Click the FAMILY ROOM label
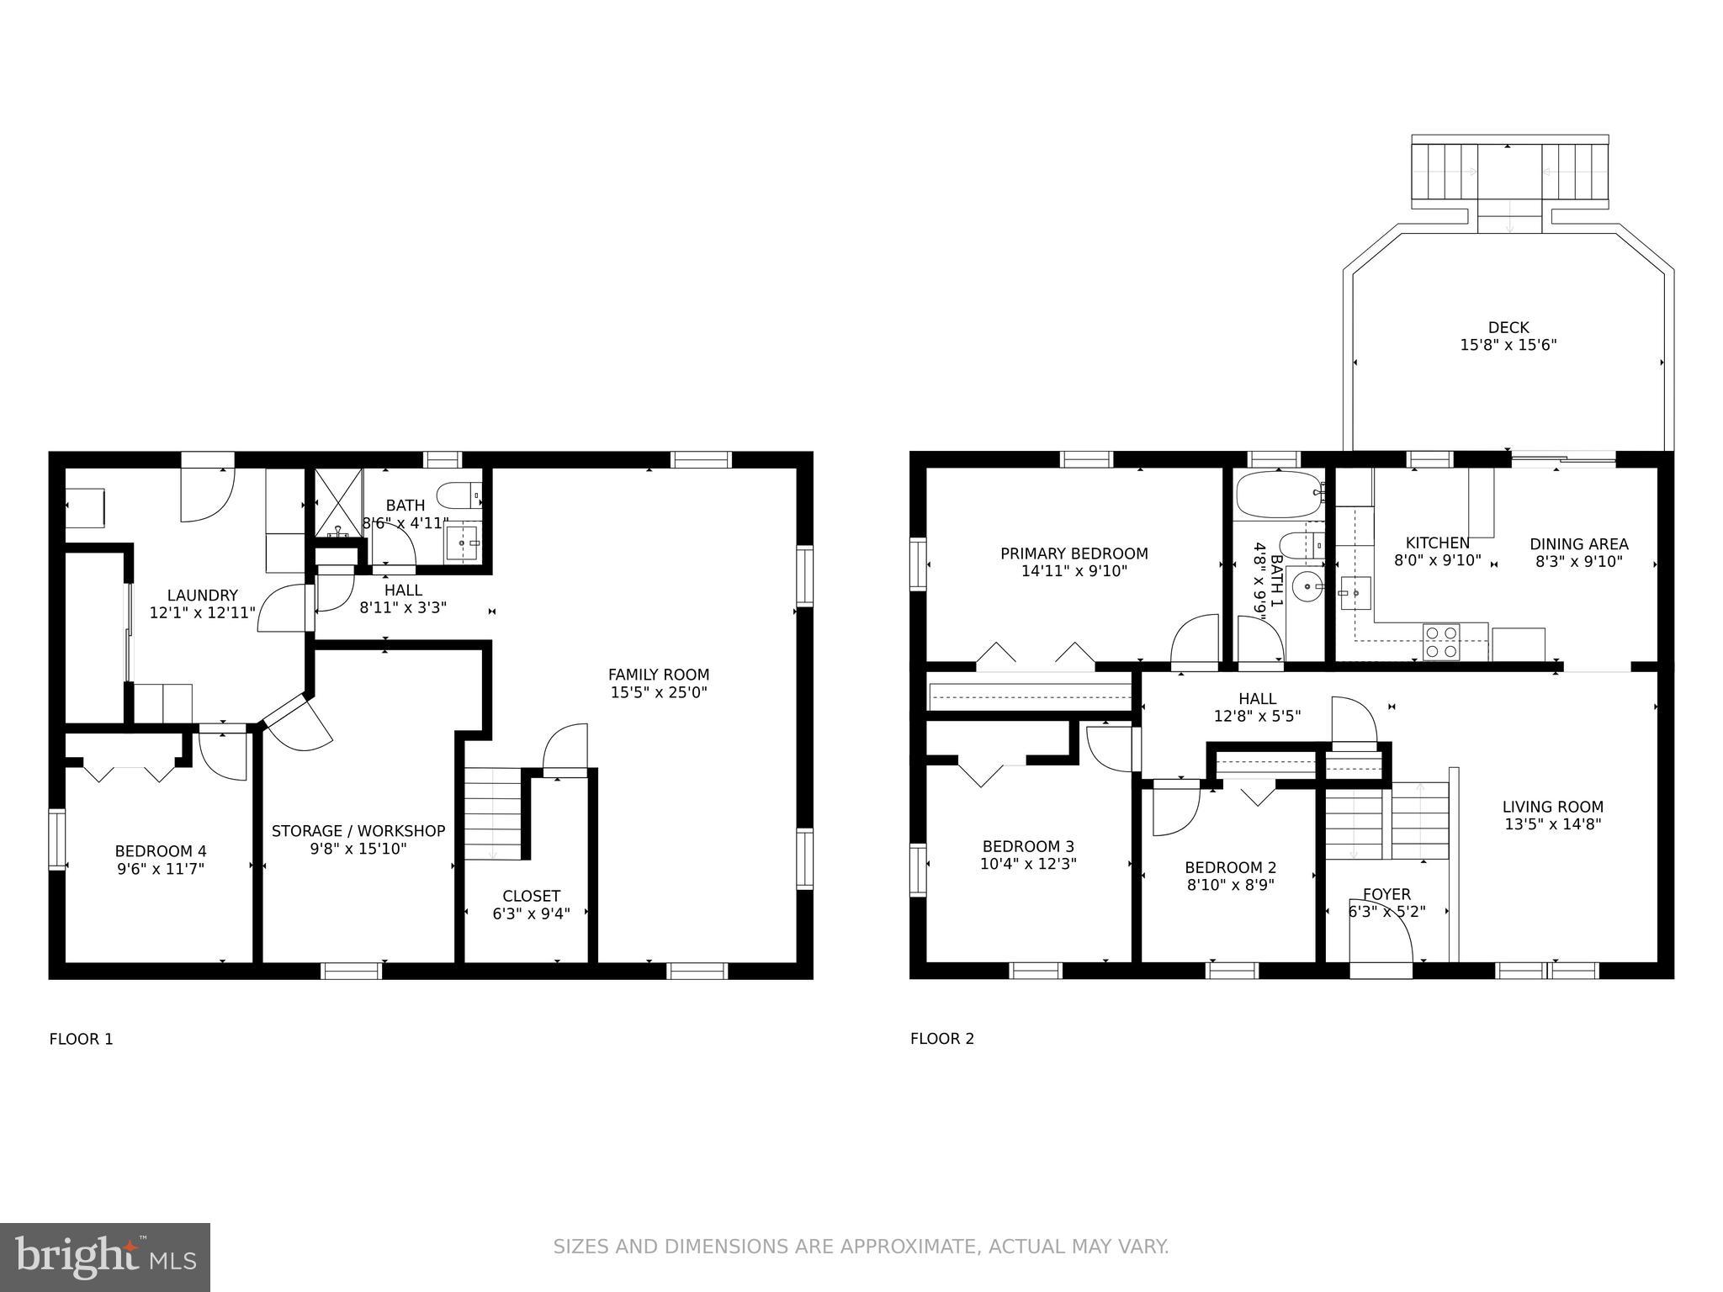pyautogui.click(x=659, y=675)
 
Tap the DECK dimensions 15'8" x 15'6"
pyautogui.click(x=1508, y=345)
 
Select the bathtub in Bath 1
pyautogui.click(x=1275, y=494)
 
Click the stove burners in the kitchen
pyautogui.click(x=1441, y=642)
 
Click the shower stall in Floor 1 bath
pyautogui.click(x=338, y=503)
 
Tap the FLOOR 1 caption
pyautogui.click(x=81, y=1039)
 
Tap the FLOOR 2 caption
pyautogui.click(x=941, y=1039)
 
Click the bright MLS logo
pyautogui.click(x=105, y=1258)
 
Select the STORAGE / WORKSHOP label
pyautogui.click(x=358, y=831)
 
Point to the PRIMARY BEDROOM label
pyautogui.click(x=1074, y=553)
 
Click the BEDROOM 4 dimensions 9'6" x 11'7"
pyautogui.click(x=161, y=869)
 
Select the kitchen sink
pyautogui.click(x=1355, y=592)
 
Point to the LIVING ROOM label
pyautogui.click(x=1552, y=807)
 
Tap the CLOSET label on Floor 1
pyautogui.click(x=531, y=896)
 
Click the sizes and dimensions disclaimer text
pyautogui.click(x=861, y=1246)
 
